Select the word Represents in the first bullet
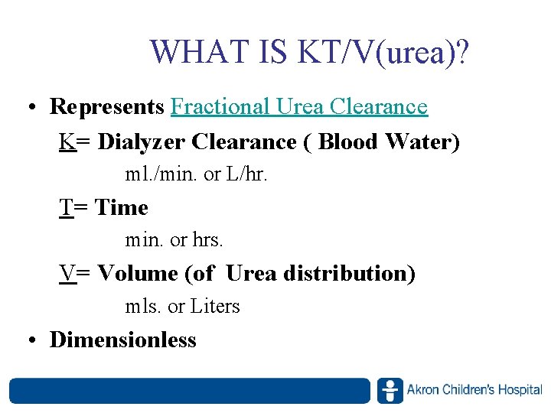click(x=107, y=107)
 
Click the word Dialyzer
click(x=142, y=142)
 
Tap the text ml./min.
click(x=157, y=175)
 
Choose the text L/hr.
click(x=246, y=175)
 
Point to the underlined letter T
click(x=67, y=207)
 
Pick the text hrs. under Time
click(x=207, y=240)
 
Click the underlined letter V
click(x=68, y=273)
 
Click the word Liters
click(x=215, y=307)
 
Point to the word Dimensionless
click(x=123, y=340)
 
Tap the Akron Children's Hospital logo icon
click(x=390, y=391)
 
